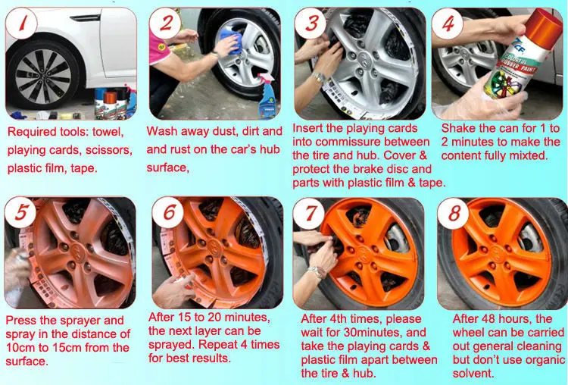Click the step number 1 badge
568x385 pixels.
pyautogui.click(x=24, y=26)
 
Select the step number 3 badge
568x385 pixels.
pyautogui.click(x=311, y=24)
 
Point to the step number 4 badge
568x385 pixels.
pyautogui.click(x=451, y=25)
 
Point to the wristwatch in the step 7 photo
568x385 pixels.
pyautogui.click(x=317, y=272)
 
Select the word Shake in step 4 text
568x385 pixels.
pyautogui.click(x=457, y=128)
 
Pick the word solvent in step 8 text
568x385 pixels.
pyautogui.click(x=473, y=373)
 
